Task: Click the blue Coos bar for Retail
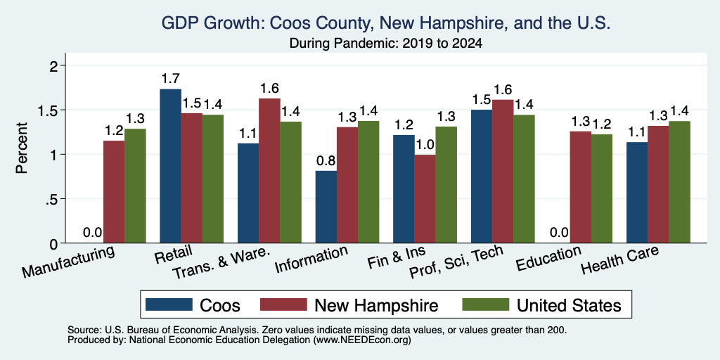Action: (x=170, y=166)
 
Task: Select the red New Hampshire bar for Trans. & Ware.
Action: (x=269, y=171)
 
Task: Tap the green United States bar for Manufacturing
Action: (x=135, y=186)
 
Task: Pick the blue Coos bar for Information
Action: (x=326, y=207)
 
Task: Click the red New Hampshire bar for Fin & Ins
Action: (x=425, y=199)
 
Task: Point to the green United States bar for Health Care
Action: (x=680, y=182)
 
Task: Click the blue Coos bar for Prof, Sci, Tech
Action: (x=482, y=176)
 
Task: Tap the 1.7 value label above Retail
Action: (x=170, y=79)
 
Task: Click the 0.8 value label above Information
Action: (x=326, y=161)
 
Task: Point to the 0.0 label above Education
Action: (x=559, y=233)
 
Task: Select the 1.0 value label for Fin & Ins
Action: (x=425, y=145)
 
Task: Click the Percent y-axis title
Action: (x=22, y=148)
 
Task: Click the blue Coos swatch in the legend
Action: (x=169, y=304)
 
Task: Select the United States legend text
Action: (x=569, y=305)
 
